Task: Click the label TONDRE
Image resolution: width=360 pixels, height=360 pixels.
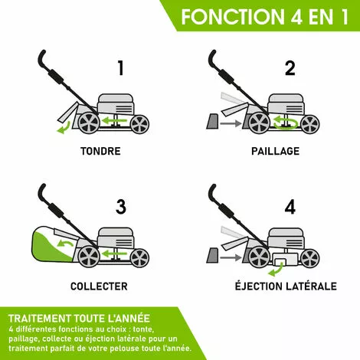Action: (100, 151)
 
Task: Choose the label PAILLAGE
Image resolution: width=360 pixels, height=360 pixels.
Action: (275, 151)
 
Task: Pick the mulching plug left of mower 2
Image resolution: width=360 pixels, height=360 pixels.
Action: (211, 119)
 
